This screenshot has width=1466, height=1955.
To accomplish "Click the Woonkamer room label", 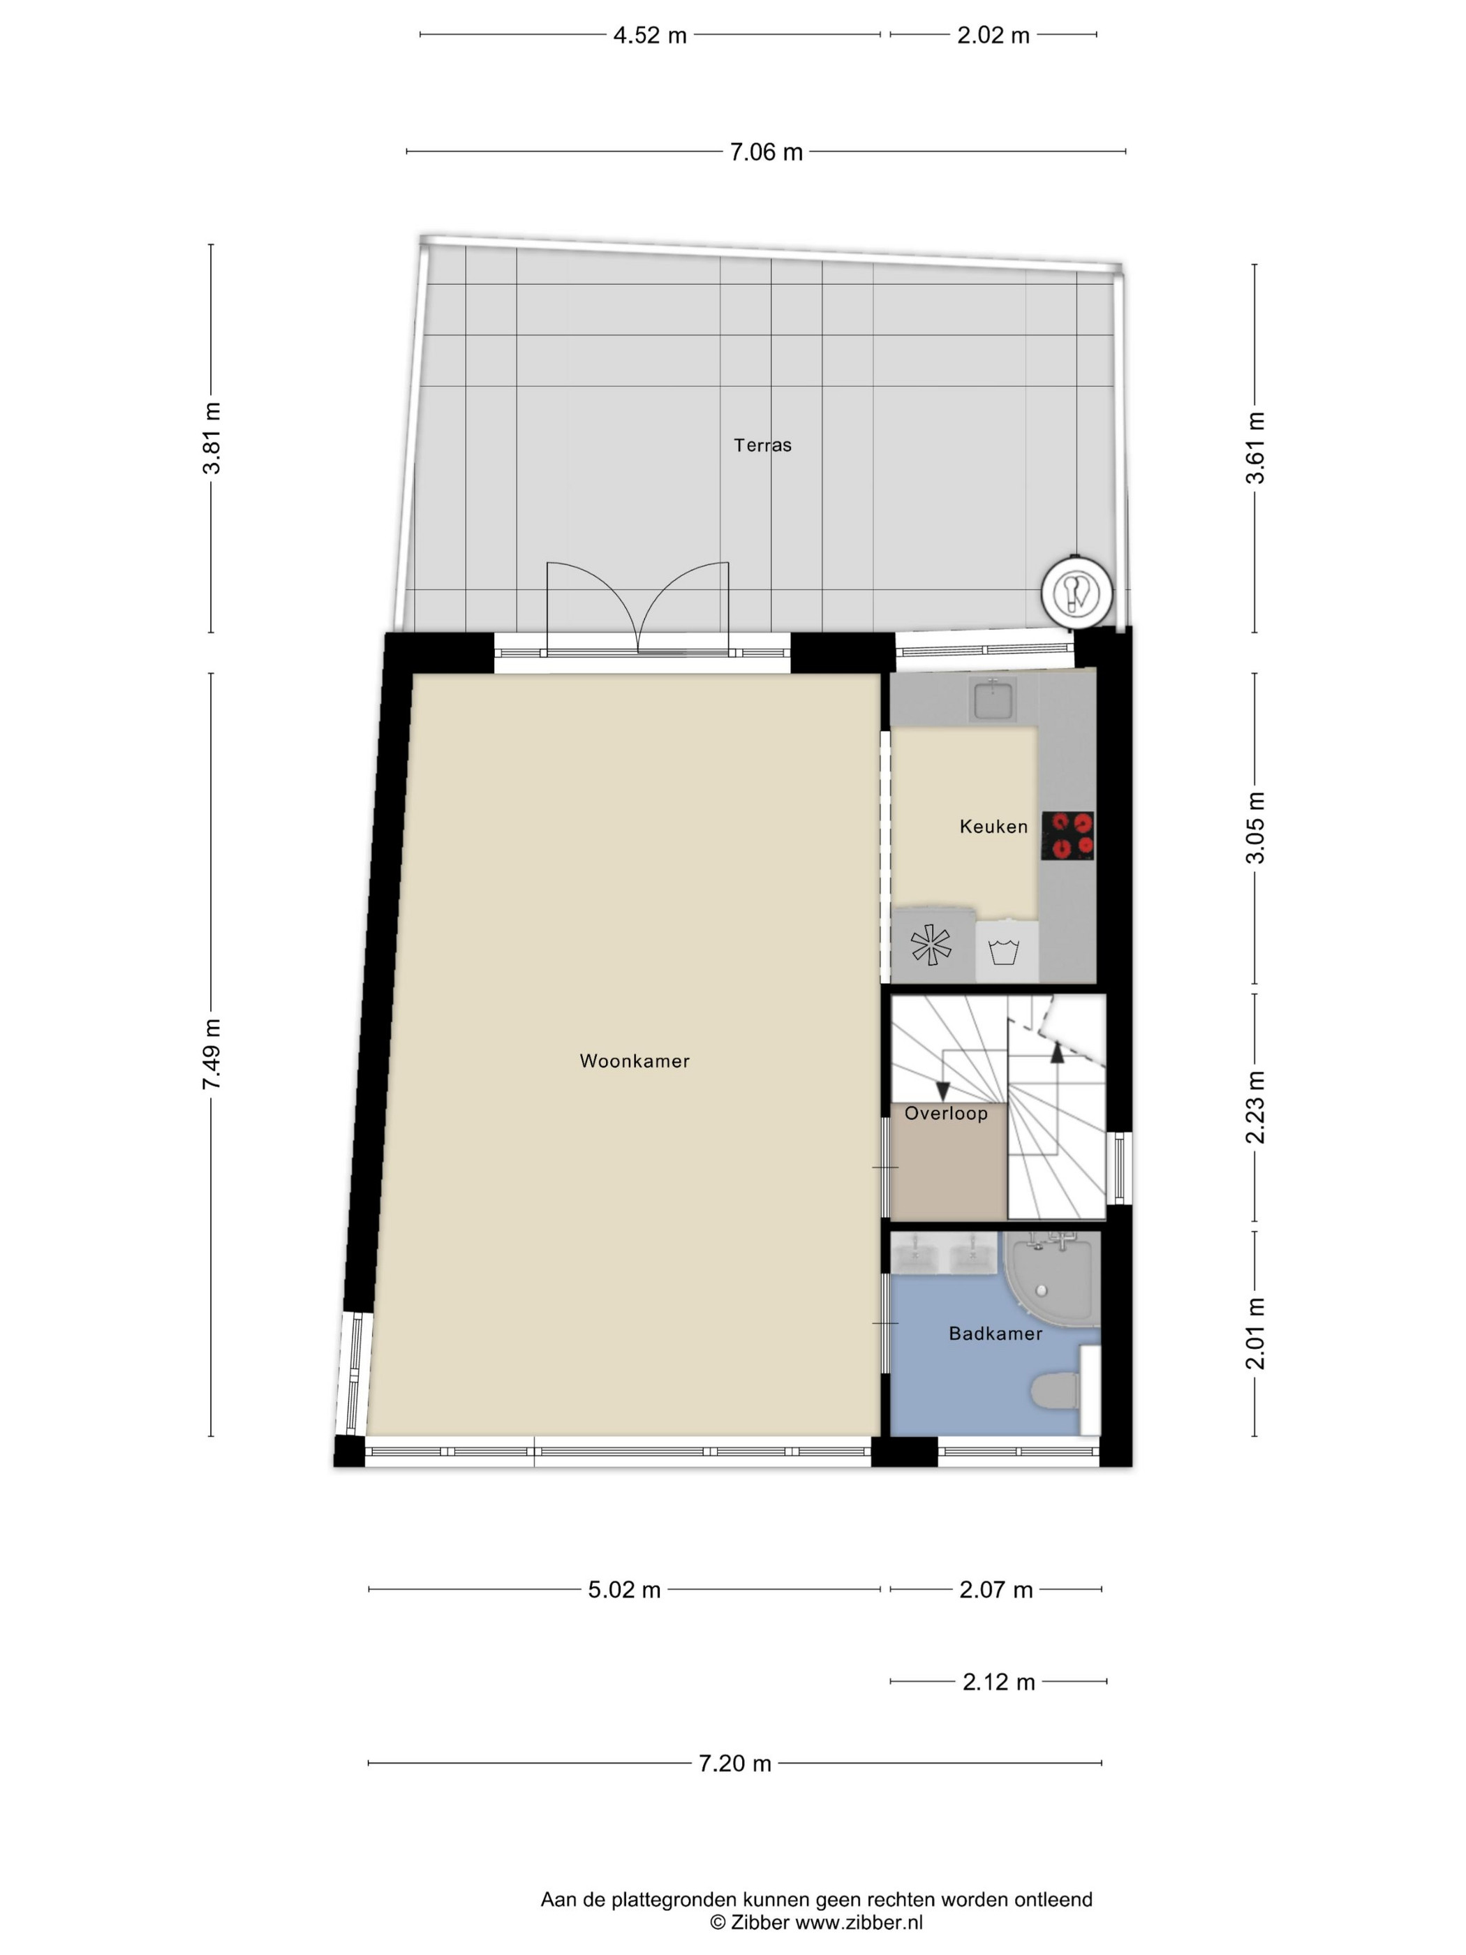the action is (634, 1061).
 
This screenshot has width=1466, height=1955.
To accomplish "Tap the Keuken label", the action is (993, 827).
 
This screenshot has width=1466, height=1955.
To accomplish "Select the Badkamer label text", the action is (995, 1334).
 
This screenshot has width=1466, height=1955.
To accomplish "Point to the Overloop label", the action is (945, 1113).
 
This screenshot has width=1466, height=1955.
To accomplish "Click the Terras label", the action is (762, 445).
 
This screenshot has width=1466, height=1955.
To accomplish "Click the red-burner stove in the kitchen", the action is (1067, 835).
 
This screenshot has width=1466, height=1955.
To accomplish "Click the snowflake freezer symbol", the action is (931, 945).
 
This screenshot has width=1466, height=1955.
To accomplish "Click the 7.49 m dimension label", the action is (212, 1054).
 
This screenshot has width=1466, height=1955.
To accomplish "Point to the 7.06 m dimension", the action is (765, 152).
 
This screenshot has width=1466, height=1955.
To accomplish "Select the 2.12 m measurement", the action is (998, 1681).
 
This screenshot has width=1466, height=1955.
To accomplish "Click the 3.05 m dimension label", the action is (1254, 827).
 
